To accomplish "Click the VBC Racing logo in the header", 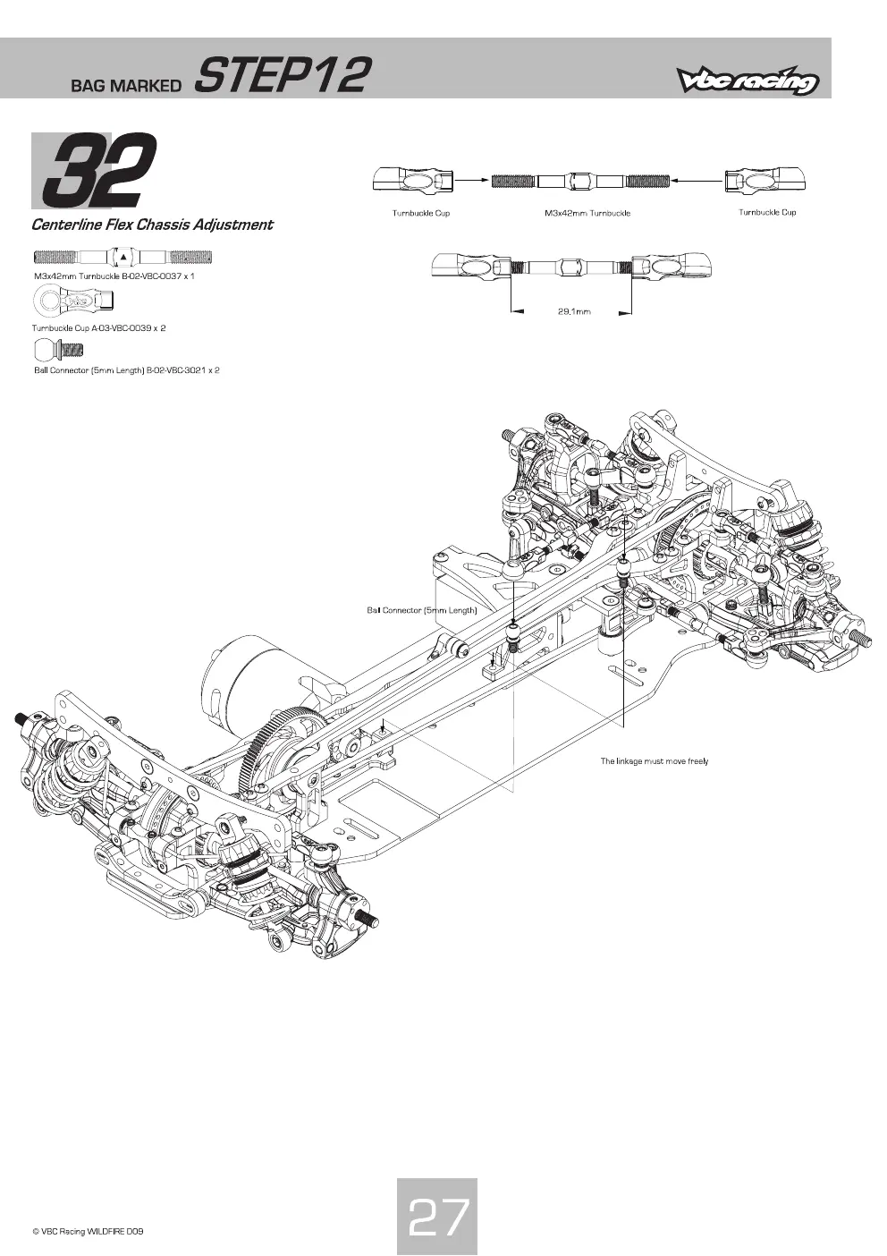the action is pyautogui.click(x=747, y=81).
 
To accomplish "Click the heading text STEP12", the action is pyautogui.click(x=283, y=74).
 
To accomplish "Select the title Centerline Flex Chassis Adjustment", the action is pyautogui.click(x=152, y=225).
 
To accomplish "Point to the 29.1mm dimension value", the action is pyautogui.click(x=574, y=311).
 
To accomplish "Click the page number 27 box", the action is pyautogui.click(x=437, y=1216).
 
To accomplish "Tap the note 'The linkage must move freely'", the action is pyautogui.click(x=654, y=761).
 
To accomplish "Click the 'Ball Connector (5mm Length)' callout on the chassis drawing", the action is pyautogui.click(x=421, y=610).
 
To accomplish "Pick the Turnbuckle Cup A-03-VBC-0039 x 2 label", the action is pyautogui.click(x=98, y=328).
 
